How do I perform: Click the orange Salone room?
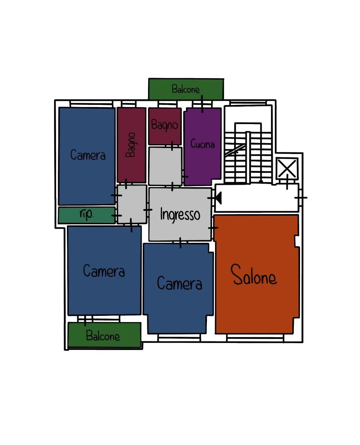pyautogui.click(x=256, y=274)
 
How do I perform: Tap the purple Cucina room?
pyautogui.click(x=202, y=147)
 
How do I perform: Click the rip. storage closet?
pyautogui.click(x=87, y=215)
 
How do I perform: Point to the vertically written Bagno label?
pyautogui.click(x=131, y=145)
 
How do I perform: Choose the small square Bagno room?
pyautogui.click(x=165, y=126)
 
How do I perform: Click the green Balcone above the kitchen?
pyautogui.click(x=186, y=89)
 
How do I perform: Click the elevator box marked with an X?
pyautogui.click(x=287, y=168)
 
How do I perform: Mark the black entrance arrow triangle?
pyautogui.click(x=218, y=198)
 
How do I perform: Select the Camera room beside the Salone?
pyautogui.click(x=178, y=288)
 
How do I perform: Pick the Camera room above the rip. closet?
pyautogui.click(x=87, y=156)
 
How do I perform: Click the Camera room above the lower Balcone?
pyautogui.click(x=104, y=270)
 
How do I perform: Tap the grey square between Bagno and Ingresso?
pyautogui.click(x=165, y=166)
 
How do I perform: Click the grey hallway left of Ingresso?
pyautogui.click(x=132, y=204)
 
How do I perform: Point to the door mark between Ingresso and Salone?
pyautogui.click(x=213, y=228)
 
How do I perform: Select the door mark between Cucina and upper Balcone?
pyautogui.click(x=202, y=104)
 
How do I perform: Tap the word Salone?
pyautogui.click(x=254, y=275)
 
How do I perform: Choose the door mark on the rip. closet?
pyautogui.click(x=116, y=215)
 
